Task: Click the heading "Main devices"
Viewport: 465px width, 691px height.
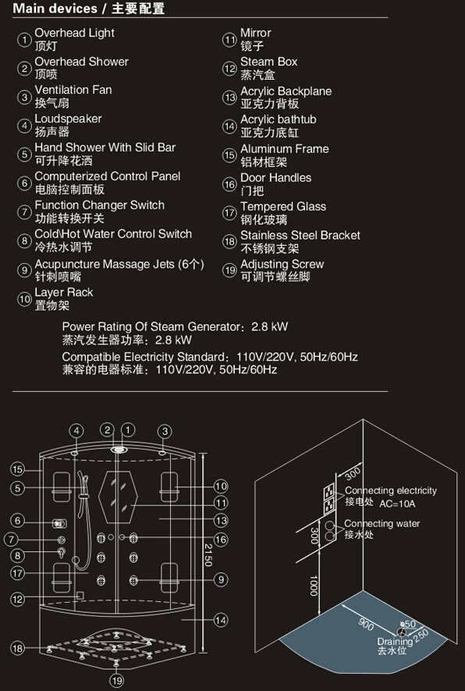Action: coord(55,9)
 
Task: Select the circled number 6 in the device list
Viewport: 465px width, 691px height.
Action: coord(23,183)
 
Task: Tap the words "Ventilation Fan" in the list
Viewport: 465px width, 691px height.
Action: coord(73,90)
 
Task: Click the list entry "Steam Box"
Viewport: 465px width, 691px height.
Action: coord(268,62)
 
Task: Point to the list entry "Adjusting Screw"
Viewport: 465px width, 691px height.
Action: coord(282,265)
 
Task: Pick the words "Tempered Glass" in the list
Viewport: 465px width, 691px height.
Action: coord(283,207)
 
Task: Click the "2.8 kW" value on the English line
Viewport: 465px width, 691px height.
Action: coord(269,326)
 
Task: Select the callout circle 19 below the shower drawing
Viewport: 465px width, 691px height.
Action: coord(116,680)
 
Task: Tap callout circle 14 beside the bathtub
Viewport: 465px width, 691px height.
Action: coord(221,620)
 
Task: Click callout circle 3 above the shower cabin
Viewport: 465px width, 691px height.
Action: coord(165,431)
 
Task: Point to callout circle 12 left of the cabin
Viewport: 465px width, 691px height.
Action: coord(17,599)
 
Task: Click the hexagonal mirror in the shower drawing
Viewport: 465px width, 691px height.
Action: coord(118,498)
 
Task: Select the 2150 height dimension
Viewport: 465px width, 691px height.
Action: coord(208,554)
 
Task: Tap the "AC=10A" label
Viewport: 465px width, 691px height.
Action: coord(397,504)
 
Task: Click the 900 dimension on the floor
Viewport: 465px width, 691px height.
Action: coord(366,625)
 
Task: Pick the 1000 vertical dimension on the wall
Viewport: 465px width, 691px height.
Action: coord(314,586)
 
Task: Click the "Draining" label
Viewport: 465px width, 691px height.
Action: coord(395,641)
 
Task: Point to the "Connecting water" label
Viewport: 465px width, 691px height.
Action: coord(382,524)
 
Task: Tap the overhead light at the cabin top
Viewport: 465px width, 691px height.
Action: coord(118,450)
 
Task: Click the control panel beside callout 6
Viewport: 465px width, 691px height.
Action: coord(59,524)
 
